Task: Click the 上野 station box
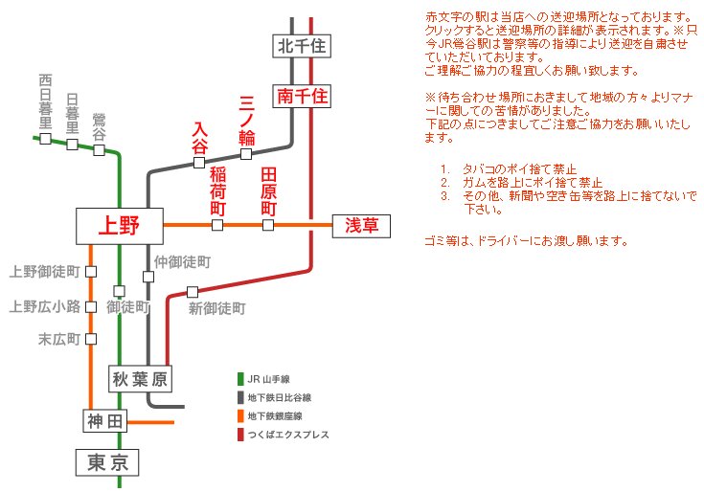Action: point(119,226)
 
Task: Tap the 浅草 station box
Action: point(361,226)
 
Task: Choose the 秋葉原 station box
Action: point(140,379)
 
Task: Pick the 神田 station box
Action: point(105,421)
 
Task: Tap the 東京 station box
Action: point(107,463)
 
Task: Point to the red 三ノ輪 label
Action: point(246,119)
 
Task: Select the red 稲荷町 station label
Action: point(217,191)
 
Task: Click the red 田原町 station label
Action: point(268,191)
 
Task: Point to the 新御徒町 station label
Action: point(217,308)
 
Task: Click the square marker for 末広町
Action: point(91,339)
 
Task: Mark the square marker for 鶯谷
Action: point(99,149)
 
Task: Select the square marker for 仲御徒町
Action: point(148,277)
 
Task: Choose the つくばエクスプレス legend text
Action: point(287,436)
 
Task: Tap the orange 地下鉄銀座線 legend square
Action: point(240,416)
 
